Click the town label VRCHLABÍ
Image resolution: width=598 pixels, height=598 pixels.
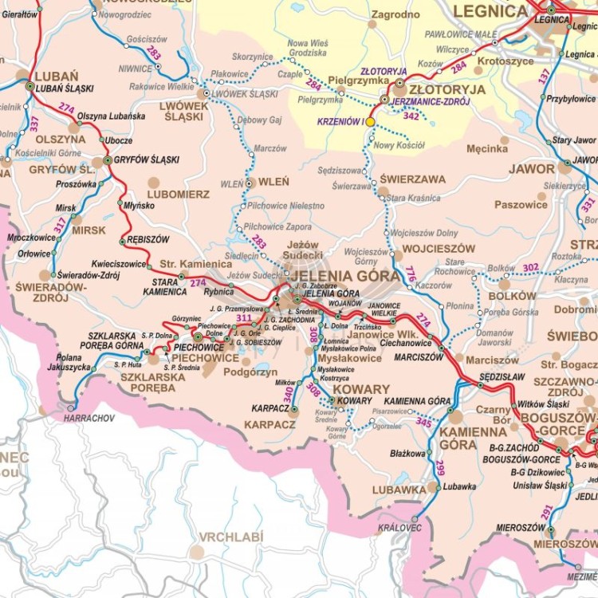pyautogui.click(x=230, y=537)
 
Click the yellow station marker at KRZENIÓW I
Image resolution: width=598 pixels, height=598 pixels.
pyautogui.click(x=370, y=122)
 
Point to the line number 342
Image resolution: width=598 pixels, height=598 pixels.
pyautogui.click(x=411, y=116)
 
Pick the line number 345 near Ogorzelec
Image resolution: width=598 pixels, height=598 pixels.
pyautogui.click(x=423, y=422)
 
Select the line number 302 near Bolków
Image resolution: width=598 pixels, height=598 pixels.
pyautogui.click(x=531, y=267)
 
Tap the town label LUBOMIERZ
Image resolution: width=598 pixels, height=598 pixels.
pyautogui.click(x=179, y=194)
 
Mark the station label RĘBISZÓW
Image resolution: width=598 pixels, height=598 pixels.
pyautogui.click(x=148, y=239)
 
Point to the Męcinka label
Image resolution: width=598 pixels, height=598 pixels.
pyautogui.click(x=486, y=148)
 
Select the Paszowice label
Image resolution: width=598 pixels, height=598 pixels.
pyautogui.click(x=521, y=205)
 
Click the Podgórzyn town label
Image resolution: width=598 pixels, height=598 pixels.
pyautogui.click(x=250, y=372)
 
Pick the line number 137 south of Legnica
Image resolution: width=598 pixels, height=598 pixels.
pyautogui.click(x=545, y=77)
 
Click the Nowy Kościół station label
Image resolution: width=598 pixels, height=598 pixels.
pyautogui.click(x=399, y=145)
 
